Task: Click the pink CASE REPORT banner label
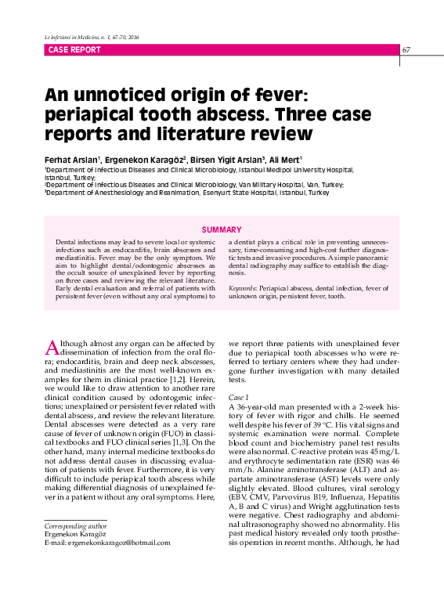[74, 49]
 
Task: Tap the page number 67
[406, 50]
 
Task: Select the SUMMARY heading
[222, 229]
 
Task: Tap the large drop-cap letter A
[52, 346]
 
